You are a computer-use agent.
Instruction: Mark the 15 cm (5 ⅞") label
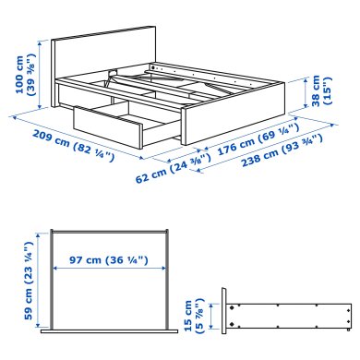pyautogui.click(x=194, y=315)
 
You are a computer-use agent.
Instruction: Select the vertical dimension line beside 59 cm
pyautogui.click(x=39, y=282)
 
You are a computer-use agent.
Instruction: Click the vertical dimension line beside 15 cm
pyautogui.click(x=210, y=316)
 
